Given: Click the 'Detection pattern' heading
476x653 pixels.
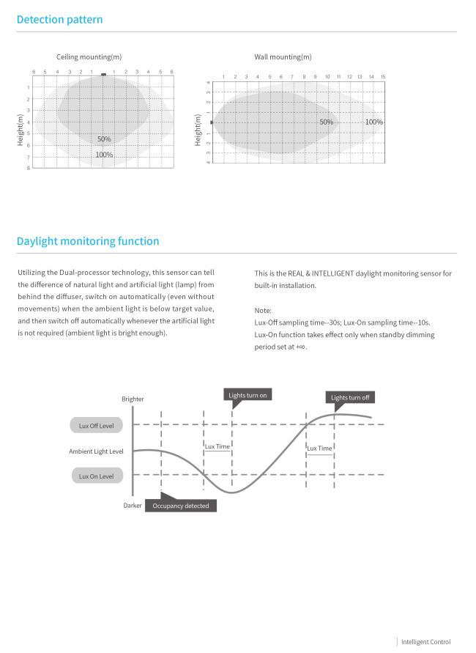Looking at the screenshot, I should point(59,19).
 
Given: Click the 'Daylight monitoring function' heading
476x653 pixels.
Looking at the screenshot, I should point(87,241).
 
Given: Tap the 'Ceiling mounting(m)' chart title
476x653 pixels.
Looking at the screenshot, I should point(89,57).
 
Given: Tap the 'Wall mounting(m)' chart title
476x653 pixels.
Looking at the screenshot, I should point(283,57).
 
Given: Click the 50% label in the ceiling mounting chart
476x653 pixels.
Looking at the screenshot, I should point(104,139).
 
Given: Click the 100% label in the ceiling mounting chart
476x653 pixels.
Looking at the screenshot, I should point(104,155).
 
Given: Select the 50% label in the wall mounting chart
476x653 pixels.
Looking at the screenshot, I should point(326,122).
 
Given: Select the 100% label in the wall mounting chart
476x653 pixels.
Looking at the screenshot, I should point(373,122).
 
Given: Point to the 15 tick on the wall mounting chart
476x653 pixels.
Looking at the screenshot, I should point(383,77).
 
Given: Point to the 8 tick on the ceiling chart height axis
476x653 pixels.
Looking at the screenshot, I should point(29,168).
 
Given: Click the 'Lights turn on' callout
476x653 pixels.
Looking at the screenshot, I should point(248,396).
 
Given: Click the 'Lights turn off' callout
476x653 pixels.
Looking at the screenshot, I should point(350,398).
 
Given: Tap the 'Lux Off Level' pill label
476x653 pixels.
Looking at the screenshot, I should point(97,425).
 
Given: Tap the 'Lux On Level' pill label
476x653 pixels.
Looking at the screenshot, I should point(97,476).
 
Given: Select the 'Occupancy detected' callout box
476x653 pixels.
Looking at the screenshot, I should point(180,506).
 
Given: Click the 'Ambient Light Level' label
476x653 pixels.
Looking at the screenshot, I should point(96,451).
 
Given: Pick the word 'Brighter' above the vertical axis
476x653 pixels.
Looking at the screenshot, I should point(133,399).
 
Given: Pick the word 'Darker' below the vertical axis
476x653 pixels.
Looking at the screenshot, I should point(133,506).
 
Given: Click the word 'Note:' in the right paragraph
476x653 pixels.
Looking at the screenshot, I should point(263,310).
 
